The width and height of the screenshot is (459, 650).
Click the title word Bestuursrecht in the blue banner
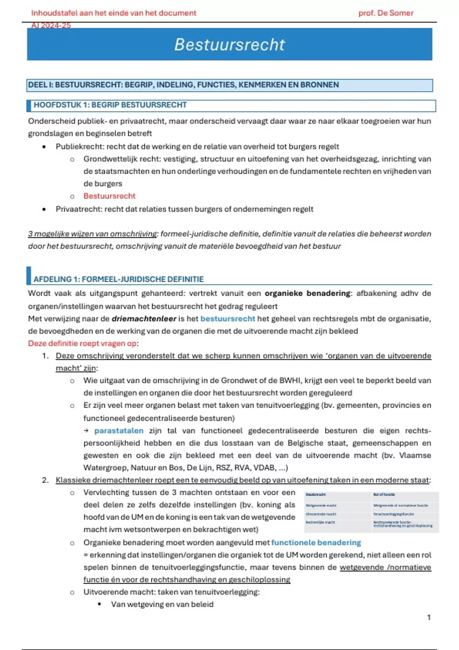tap(229, 44)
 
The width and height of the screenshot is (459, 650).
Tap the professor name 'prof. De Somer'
tap(386, 13)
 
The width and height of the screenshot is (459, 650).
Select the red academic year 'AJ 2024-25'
tap(51, 25)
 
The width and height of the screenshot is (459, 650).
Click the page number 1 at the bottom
tap(429, 617)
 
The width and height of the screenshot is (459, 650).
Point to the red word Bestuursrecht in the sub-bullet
tap(109, 196)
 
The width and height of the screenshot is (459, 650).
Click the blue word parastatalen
tap(119, 431)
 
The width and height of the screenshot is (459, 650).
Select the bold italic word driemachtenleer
tap(144, 318)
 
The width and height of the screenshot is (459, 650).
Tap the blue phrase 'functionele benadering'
tap(316, 542)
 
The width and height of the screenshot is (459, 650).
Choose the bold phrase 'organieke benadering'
tap(307, 293)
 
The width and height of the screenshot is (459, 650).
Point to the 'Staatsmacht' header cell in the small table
tap(316, 494)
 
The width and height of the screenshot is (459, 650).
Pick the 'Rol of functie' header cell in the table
tap(384, 494)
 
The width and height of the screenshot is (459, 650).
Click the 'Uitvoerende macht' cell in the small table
tap(321, 514)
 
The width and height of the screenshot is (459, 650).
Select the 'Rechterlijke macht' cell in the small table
tap(320, 522)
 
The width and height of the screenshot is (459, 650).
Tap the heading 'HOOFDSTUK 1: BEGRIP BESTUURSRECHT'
tap(110, 105)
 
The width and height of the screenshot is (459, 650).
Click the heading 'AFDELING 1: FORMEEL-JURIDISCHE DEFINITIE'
tap(119, 279)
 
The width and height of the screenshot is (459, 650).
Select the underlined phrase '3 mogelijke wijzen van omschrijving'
tap(92, 234)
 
